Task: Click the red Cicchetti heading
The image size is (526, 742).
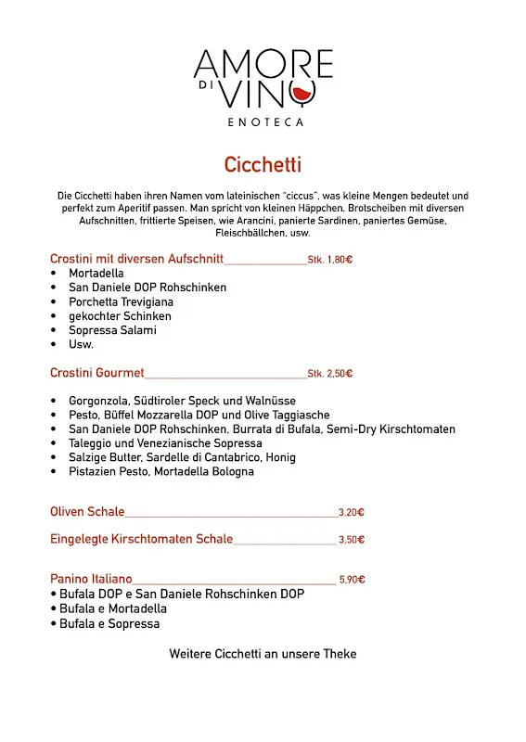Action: point(263,165)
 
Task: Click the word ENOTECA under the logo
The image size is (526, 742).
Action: point(264,122)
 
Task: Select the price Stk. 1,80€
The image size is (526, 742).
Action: point(329,261)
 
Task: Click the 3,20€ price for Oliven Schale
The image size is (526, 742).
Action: point(352,512)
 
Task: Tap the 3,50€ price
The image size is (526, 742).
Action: point(352,540)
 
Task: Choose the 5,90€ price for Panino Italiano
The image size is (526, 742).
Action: point(352,580)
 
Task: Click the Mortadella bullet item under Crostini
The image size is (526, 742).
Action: point(96,274)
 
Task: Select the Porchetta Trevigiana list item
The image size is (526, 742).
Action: point(121,301)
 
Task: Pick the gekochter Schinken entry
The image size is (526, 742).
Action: point(120,316)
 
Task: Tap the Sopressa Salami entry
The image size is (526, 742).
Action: point(112,330)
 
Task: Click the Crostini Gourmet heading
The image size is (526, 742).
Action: point(97,373)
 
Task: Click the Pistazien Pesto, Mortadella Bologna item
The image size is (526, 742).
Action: point(160,471)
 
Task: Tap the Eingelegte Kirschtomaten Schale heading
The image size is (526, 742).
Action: point(141,539)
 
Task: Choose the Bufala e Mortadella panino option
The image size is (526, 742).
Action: point(112,608)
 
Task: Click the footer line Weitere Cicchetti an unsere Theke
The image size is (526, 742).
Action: point(263,654)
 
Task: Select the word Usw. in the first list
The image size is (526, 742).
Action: point(81,344)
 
